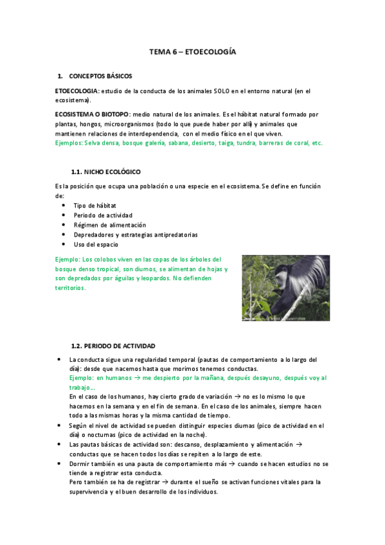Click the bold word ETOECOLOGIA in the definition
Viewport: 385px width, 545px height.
[x=76, y=91]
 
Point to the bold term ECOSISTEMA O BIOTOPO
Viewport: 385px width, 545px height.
[x=93, y=114]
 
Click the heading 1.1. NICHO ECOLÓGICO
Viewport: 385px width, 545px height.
[x=106, y=172]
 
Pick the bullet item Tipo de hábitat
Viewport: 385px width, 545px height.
[x=94, y=205]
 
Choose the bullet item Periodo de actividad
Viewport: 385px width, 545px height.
[x=103, y=215]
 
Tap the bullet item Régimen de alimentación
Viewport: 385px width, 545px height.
[x=109, y=225]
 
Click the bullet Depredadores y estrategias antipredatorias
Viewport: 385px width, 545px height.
[x=135, y=235]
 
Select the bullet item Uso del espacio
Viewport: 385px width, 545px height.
[x=96, y=244]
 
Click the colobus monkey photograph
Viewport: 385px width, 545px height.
[x=285, y=287]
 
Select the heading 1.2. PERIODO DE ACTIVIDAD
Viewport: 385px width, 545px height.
[x=112, y=346]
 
